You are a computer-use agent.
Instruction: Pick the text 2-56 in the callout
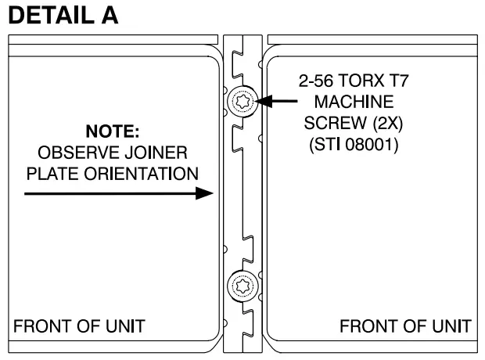(315, 81)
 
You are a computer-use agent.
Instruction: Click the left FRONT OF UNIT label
(78, 326)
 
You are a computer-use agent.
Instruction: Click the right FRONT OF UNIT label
(405, 326)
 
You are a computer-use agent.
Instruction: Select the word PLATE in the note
(49, 172)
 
